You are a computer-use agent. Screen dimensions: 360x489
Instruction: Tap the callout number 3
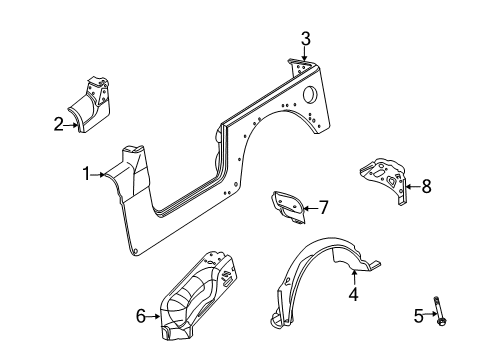[306, 39]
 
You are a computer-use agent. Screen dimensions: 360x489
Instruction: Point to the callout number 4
[352, 295]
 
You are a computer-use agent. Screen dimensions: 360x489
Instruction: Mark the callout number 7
[323, 208]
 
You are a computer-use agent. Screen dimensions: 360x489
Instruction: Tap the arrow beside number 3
[306, 55]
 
